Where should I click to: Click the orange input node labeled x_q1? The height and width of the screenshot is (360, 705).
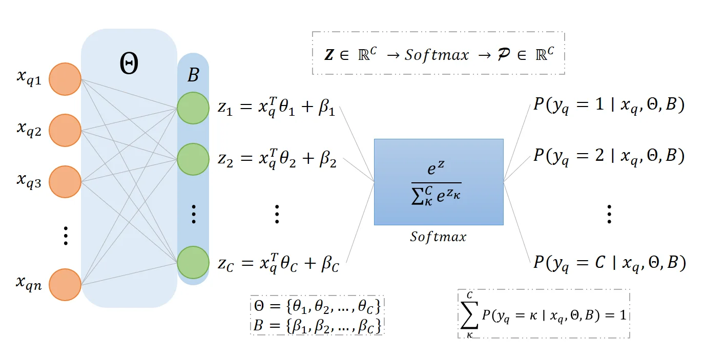coord(65,79)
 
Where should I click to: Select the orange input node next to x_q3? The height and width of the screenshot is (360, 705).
coord(65,182)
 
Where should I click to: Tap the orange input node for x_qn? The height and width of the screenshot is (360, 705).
coord(65,284)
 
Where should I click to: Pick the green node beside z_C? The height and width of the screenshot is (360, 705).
coord(193,262)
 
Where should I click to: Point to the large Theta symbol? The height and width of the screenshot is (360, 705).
coord(129,65)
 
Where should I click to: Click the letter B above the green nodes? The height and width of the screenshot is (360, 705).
coord(193,76)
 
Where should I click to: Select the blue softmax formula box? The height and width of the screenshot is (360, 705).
coord(439,182)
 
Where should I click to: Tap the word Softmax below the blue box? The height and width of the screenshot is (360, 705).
coord(438,237)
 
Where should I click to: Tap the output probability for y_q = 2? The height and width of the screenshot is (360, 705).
coord(608,155)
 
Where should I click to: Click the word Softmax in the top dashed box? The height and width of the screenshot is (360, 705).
coord(436,54)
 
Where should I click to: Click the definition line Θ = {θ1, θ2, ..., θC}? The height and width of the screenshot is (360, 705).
coord(318,306)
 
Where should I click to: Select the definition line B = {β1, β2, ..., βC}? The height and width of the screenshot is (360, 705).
coord(318,325)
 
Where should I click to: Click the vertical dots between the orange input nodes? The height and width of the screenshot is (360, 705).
coord(65,236)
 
